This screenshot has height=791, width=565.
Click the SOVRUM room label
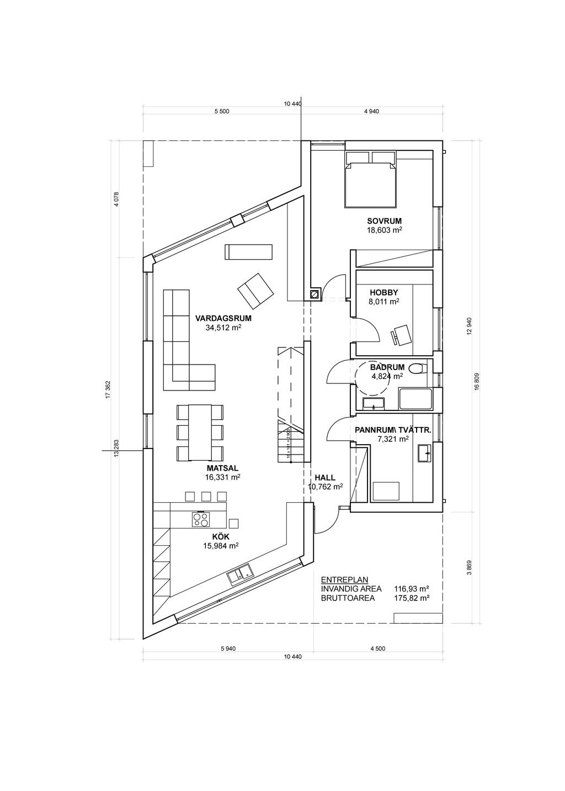coord(384,222)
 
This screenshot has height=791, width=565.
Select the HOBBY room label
coord(383,292)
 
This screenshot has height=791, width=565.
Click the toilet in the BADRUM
coord(418,368)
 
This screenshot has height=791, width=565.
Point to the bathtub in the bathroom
coord(415,399)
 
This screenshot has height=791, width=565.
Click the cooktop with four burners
coord(201,519)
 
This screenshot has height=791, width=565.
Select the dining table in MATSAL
coord(200,432)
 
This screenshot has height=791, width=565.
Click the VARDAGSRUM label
coord(223,319)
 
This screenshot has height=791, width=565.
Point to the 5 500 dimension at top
coord(222,111)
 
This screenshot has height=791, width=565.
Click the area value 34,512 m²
coord(223,328)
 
